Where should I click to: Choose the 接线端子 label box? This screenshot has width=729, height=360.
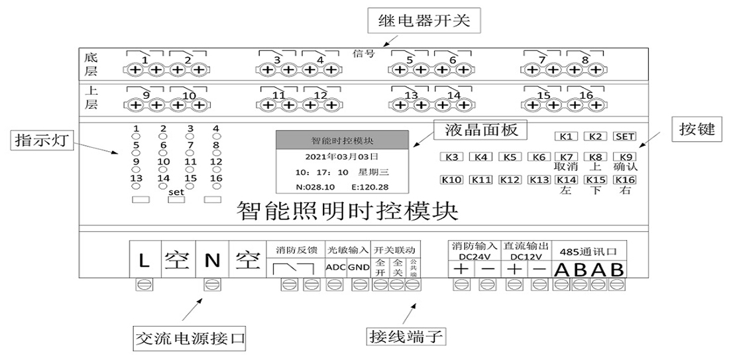point(406,336)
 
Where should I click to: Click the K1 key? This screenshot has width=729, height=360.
point(565,137)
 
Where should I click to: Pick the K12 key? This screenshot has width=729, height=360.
point(510,180)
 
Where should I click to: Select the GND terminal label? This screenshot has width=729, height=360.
point(359,267)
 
